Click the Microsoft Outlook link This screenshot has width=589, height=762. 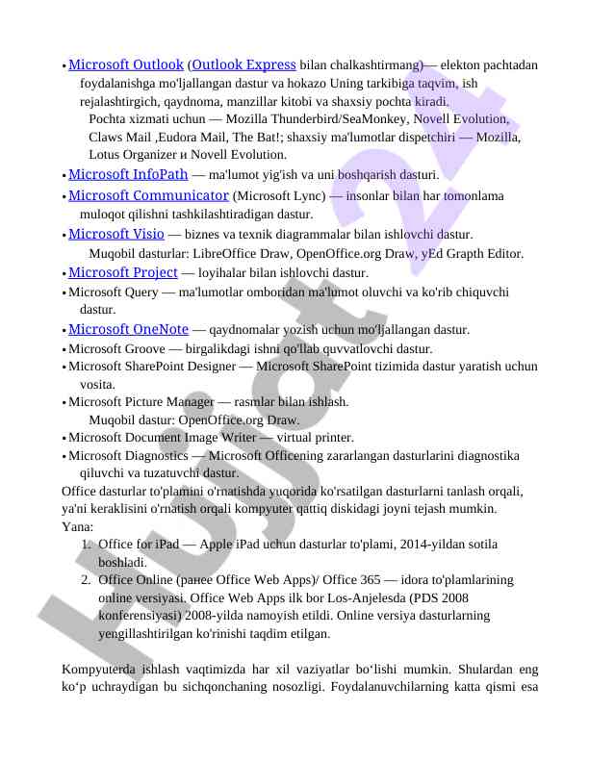(x=126, y=64)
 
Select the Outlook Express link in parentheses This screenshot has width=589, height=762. (x=243, y=64)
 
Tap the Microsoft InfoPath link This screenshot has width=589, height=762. (x=128, y=174)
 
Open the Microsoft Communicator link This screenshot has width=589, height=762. (x=148, y=194)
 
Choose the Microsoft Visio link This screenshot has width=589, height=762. (x=115, y=233)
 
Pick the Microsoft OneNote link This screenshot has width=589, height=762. (x=128, y=329)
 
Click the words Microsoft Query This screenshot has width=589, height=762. (x=113, y=292)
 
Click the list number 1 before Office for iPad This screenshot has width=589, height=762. (x=86, y=545)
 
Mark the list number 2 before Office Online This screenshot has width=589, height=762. (x=86, y=580)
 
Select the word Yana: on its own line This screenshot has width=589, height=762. (x=77, y=527)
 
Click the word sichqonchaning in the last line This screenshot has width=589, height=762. (x=276, y=687)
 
